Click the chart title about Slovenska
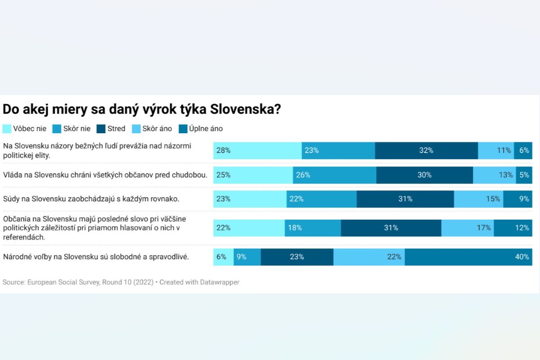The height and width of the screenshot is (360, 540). click(x=142, y=110)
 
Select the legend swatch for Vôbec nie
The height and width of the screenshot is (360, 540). click(x=7, y=129)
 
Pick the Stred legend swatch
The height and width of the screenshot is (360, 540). click(x=101, y=129)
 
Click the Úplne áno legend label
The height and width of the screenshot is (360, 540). click(x=206, y=129)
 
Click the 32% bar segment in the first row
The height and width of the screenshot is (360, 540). click(x=426, y=151)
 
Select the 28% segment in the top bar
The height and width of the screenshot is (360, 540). click(x=257, y=151)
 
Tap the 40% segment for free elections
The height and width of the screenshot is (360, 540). click(x=468, y=257)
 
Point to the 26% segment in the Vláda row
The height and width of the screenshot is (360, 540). click(x=334, y=175)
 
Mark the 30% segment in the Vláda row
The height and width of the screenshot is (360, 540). click(x=424, y=175)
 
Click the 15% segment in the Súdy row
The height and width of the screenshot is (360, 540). click(x=478, y=199)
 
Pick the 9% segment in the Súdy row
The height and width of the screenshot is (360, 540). click(x=517, y=199)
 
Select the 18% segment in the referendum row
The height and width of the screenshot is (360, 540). click(x=313, y=228)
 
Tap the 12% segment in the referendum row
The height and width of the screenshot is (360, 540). click(x=513, y=228)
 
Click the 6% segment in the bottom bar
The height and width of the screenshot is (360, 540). click(x=223, y=257)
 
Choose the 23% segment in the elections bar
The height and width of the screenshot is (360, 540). click(x=297, y=257)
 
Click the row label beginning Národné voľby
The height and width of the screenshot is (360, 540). click(x=96, y=257)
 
